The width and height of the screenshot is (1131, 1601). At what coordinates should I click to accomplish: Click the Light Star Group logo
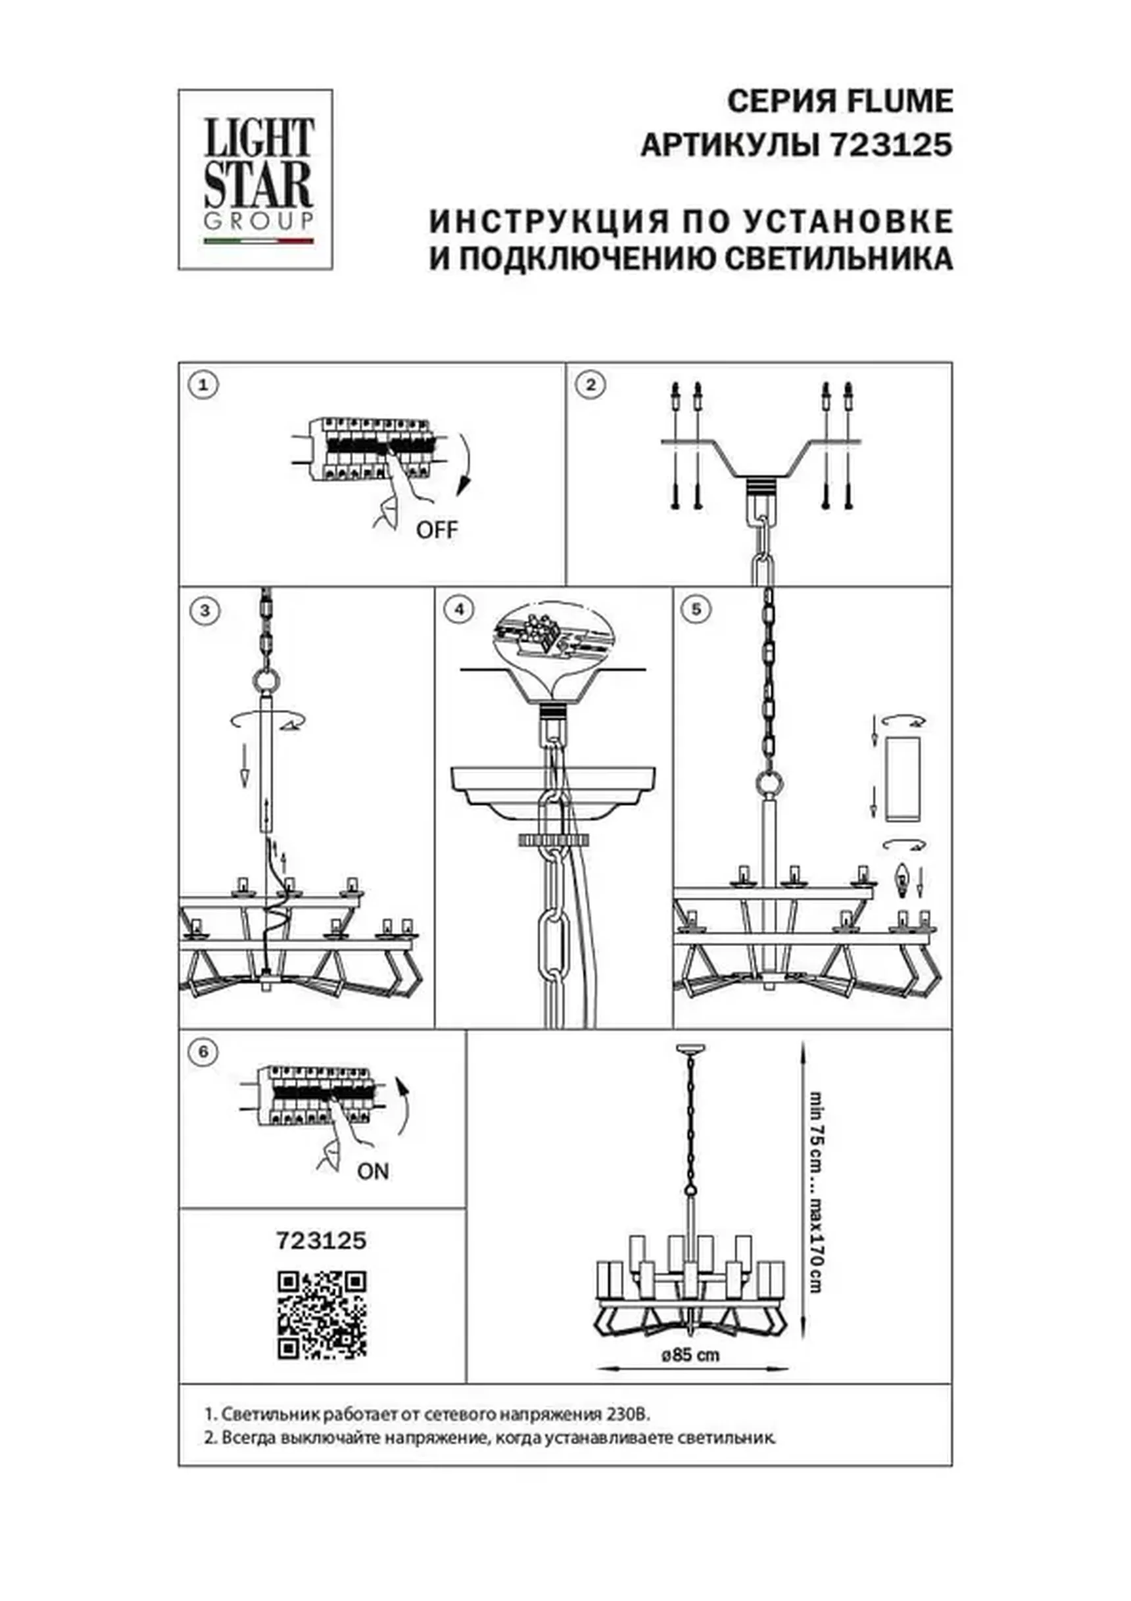255,179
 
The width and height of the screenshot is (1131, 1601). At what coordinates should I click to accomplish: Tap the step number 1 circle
204,385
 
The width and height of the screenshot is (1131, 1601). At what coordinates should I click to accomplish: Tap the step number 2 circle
590,385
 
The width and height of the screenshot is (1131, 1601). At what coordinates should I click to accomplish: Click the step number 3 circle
205,611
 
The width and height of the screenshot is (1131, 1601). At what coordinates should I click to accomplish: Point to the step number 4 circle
459,609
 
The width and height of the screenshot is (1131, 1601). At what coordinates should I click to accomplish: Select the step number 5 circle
696,609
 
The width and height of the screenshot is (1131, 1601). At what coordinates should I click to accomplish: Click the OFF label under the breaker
437,530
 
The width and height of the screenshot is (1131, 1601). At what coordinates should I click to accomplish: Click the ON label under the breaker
372,1172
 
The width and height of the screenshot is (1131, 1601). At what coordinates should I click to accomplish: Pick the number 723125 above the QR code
322,1241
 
